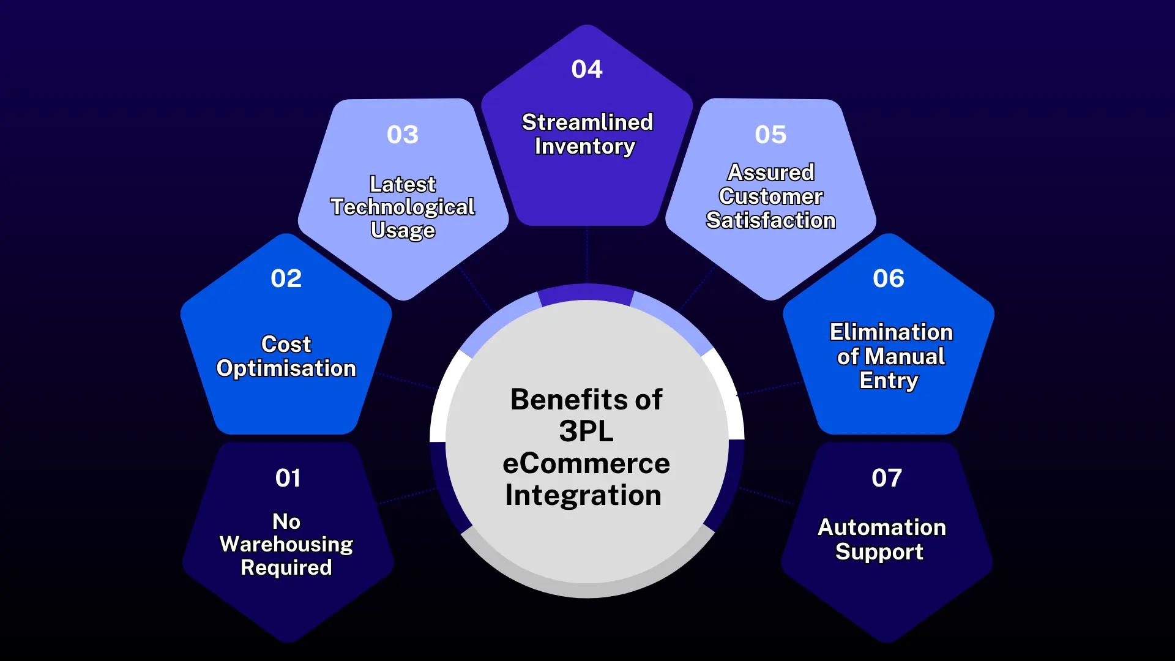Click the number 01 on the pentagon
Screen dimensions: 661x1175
288,478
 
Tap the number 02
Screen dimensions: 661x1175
286,278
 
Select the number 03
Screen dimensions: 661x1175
402,135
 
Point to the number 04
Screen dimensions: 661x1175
586,69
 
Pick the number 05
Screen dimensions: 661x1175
770,135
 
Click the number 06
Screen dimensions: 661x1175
888,278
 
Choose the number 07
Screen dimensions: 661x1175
886,478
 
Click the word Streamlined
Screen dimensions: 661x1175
587,122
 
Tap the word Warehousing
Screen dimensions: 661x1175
286,544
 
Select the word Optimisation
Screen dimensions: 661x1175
286,368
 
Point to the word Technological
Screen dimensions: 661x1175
402,207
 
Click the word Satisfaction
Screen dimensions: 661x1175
770,220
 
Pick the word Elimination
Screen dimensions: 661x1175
891,332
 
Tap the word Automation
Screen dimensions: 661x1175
882,528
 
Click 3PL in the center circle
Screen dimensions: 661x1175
586,431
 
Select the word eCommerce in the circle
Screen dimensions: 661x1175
586,463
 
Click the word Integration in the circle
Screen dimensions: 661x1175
583,495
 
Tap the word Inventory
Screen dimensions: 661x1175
584,147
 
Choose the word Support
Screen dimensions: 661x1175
879,552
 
